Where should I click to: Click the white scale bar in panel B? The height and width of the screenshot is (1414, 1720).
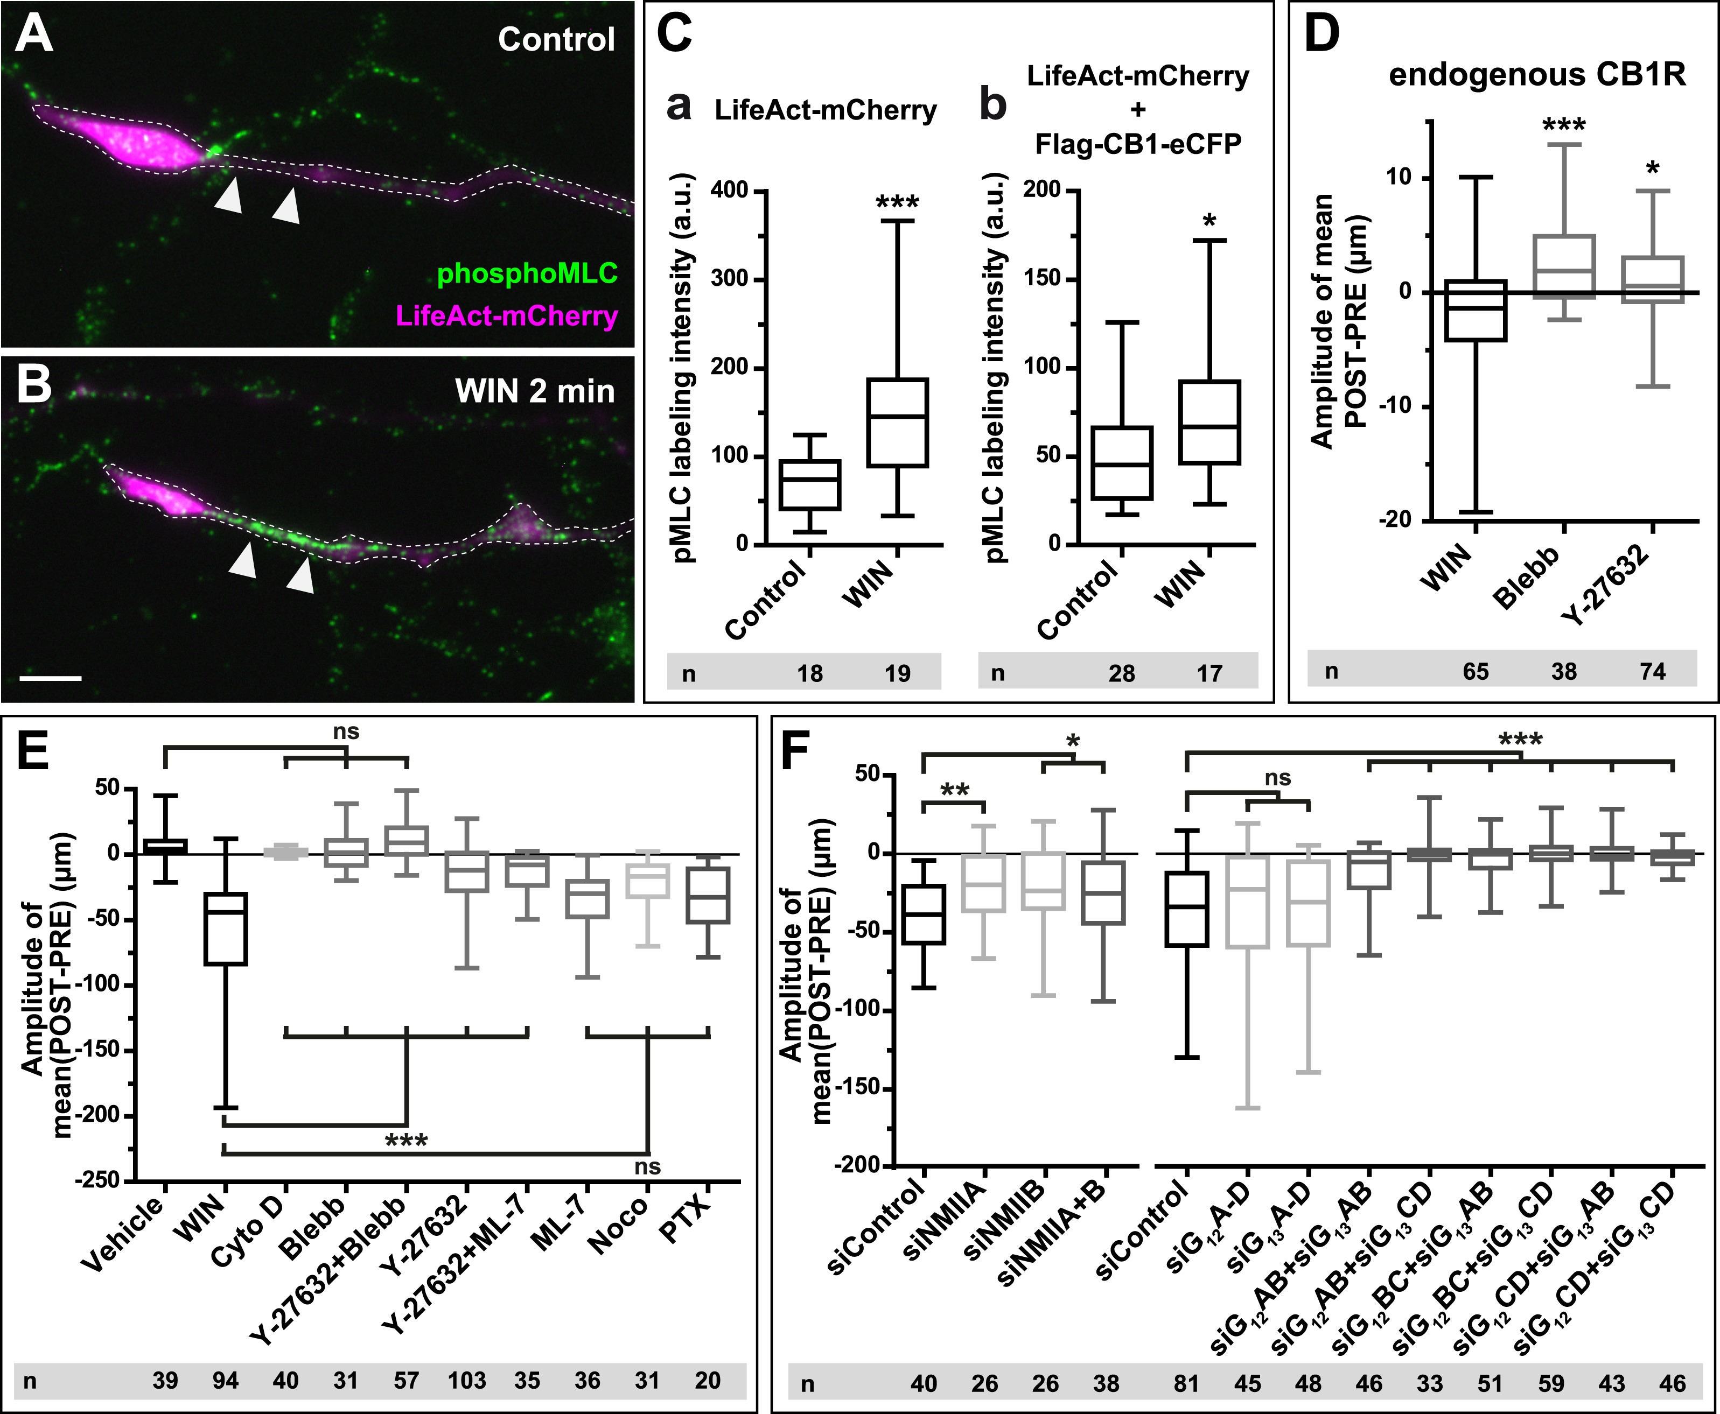(x=51, y=677)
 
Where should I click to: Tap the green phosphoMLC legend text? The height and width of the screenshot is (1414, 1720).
(x=527, y=273)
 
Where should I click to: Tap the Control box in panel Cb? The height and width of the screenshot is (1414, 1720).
(x=1122, y=463)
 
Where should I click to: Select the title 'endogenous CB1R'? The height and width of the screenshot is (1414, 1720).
(x=1537, y=75)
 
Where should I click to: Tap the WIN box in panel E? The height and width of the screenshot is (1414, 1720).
(x=226, y=928)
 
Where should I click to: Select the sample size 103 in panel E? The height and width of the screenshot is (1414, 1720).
(x=467, y=1380)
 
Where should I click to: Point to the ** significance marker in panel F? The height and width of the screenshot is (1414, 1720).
(x=954, y=790)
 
